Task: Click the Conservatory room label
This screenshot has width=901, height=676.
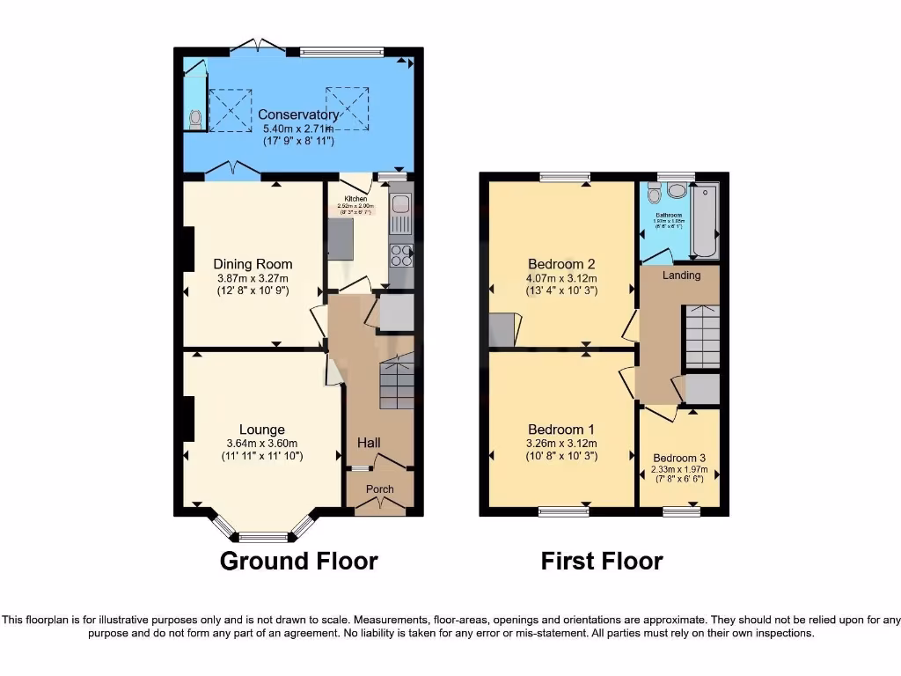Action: pyautogui.click(x=298, y=114)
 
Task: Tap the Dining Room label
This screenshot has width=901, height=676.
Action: pyautogui.click(x=253, y=264)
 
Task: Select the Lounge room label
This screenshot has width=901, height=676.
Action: pyautogui.click(x=261, y=430)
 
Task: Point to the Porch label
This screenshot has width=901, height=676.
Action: pyautogui.click(x=380, y=489)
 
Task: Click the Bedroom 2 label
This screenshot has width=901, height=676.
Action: pyautogui.click(x=562, y=264)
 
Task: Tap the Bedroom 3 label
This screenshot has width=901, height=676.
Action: pyautogui.click(x=679, y=458)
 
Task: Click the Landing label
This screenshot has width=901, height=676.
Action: pyautogui.click(x=681, y=276)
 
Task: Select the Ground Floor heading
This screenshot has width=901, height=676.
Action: pyautogui.click(x=298, y=561)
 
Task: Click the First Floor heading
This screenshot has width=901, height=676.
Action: pyautogui.click(x=602, y=561)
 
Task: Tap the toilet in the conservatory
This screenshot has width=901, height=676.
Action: pyautogui.click(x=194, y=118)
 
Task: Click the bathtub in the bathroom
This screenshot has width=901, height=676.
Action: pyautogui.click(x=706, y=220)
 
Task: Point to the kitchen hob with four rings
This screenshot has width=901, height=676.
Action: pyautogui.click(x=401, y=254)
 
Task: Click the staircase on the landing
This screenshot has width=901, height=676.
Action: pyautogui.click(x=702, y=335)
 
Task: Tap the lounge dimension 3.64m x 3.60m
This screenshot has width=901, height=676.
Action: pyautogui.click(x=261, y=444)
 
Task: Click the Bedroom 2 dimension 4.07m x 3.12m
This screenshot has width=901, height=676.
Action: pyautogui.click(x=562, y=277)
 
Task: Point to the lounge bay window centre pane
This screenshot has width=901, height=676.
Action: pyautogui.click(x=262, y=537)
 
